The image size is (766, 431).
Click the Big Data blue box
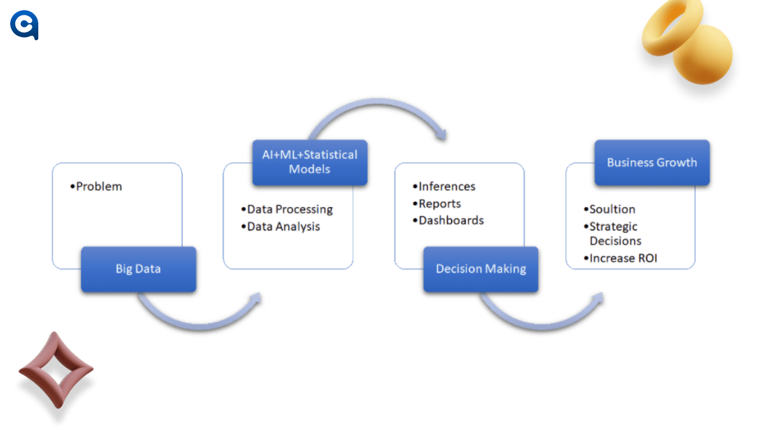coord(138,269)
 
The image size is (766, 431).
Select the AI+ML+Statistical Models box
coord(310,162)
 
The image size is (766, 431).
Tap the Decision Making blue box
coord(481,269)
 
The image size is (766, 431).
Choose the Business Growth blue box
coord(652,162)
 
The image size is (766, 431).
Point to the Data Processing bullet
coord(287,209)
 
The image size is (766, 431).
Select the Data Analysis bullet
coord(280,226)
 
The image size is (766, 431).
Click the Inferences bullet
coord(444,186)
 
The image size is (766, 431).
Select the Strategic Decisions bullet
coord(613,234)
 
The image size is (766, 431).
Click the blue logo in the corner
coord(24,26)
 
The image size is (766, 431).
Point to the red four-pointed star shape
coord(56,370)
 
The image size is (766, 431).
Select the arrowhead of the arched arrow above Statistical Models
coord(440,135)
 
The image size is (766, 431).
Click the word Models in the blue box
coord(310,169)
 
